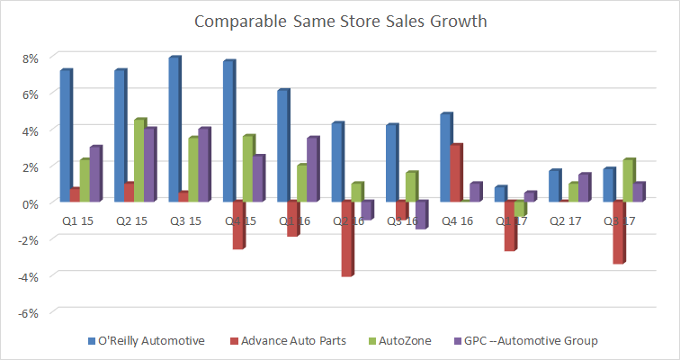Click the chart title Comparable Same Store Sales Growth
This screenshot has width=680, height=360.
point(339,19)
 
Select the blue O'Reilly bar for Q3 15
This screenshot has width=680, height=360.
point(174,130)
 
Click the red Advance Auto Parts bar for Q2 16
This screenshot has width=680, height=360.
point(346,238)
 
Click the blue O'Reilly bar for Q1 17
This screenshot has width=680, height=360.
point(501,193)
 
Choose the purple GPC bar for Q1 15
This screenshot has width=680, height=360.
point(94,174)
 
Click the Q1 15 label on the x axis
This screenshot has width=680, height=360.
point(75,219)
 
